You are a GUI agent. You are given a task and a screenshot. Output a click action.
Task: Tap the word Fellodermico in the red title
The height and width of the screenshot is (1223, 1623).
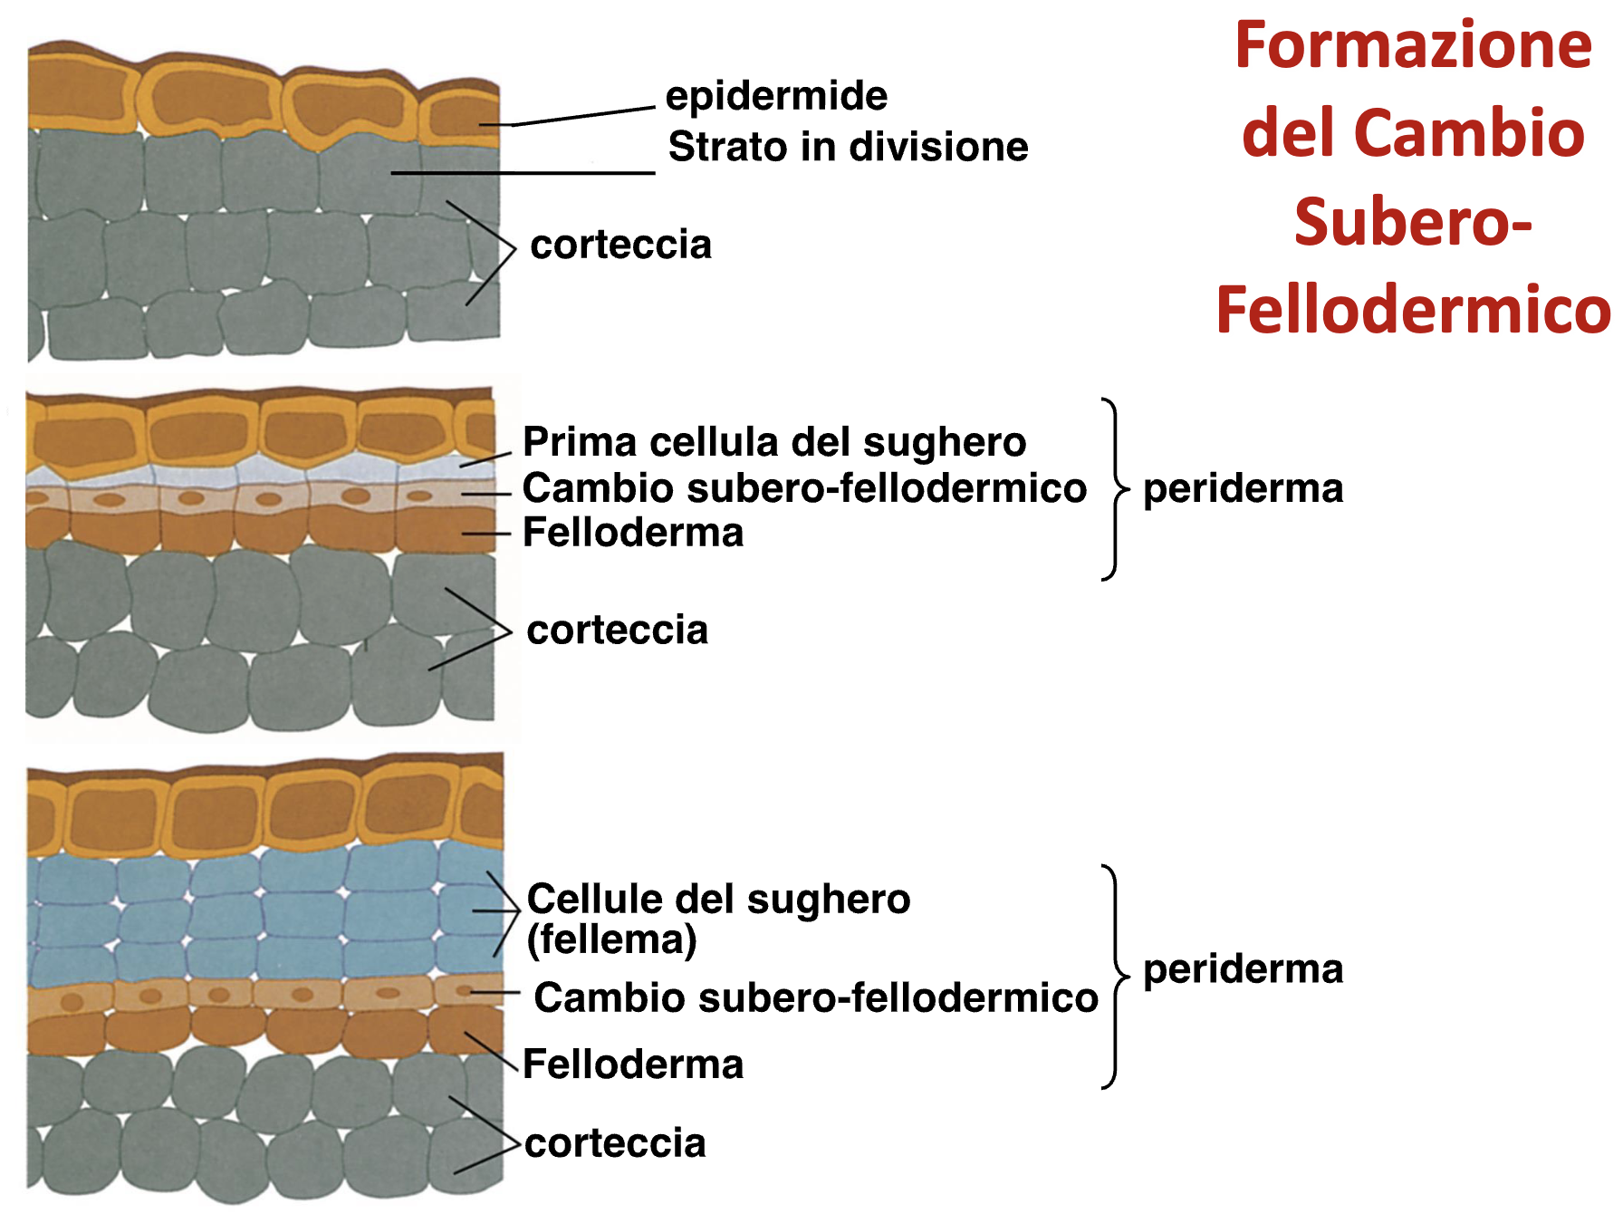click(1413, 310)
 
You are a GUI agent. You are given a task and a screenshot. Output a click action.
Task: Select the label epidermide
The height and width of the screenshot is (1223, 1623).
click(776, 96)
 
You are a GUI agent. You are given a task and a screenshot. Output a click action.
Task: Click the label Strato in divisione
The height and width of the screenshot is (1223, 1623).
click(848, 147)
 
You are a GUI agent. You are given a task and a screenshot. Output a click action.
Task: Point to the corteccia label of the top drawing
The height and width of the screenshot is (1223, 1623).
click(620, 245)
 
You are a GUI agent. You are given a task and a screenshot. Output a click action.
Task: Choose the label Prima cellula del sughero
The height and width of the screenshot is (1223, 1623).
click(774, 442)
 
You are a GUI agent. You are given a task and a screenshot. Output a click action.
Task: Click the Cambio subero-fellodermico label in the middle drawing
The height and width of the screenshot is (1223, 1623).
click(804, 488)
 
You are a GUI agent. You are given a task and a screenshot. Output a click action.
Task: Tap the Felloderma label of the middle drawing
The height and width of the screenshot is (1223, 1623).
click(633, 533)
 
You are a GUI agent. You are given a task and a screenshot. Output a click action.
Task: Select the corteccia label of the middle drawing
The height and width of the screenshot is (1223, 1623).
click(618, 630)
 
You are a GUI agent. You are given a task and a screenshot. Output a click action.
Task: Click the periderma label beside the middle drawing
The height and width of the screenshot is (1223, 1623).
click(1243, 489)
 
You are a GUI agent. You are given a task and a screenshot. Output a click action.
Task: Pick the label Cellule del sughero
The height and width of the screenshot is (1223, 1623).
click(718, 900)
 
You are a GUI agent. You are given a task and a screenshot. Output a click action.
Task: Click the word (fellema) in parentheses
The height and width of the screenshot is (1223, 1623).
click(611, 939)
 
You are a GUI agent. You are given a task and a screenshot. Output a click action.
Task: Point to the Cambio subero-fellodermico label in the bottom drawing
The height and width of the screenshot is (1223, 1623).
click(815, 997)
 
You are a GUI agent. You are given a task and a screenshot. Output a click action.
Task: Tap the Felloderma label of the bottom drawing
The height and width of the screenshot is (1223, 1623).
click(633, 1064)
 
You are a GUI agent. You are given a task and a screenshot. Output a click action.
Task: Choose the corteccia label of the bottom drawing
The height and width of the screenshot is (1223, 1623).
click(615, 1143)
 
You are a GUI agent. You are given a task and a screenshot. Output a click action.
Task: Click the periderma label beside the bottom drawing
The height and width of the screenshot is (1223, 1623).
click(1243, 969)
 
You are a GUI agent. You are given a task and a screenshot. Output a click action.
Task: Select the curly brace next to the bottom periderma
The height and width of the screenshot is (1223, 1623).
click(1115, 977)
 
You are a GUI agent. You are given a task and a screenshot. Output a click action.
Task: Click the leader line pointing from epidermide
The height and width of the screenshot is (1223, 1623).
click(580, 116)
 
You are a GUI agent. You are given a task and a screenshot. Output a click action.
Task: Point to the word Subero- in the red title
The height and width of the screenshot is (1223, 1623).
click(1413, 222)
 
